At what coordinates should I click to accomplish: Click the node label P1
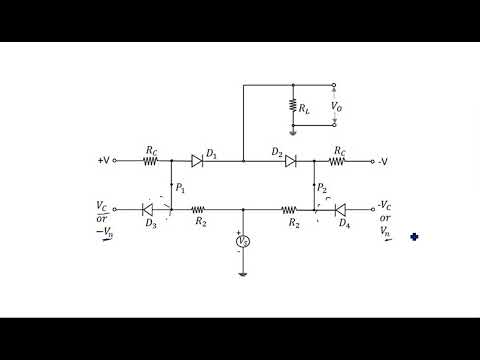[180, 187]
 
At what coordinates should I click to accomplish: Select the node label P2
[321, 187]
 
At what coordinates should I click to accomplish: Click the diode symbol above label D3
[150, 210]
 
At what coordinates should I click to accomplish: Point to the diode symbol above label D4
[341, 210]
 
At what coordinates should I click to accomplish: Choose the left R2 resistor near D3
[199, 210]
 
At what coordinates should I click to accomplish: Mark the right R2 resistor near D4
[289, 210]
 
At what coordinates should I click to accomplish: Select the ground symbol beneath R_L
[293, 131]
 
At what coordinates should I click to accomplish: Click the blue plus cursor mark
[413, 238]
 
